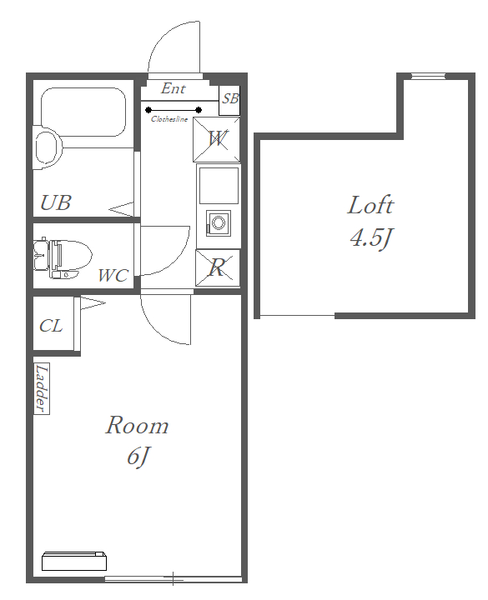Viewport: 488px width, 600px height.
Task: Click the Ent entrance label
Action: click(174, 88)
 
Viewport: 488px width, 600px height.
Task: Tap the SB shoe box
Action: click(229, 101)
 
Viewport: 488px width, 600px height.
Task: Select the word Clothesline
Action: click(169, 119)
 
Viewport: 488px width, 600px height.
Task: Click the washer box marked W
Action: click(216, 139)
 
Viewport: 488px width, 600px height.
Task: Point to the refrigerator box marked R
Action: click(218, 267)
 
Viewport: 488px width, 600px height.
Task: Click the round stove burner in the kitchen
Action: click(219, 222)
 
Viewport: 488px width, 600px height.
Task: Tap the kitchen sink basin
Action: click(219, 186)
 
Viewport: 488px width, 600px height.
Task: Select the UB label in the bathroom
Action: click(56, 202)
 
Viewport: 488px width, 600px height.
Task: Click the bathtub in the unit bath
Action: click(83, 112)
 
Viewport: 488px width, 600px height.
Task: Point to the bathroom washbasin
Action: click(48, 147)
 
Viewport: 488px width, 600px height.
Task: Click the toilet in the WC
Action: click(63, 258)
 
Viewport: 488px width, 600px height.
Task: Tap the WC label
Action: click(113, 276)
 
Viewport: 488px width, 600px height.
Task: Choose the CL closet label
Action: click(51, 326)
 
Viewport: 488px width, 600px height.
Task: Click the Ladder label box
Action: click(42, 388)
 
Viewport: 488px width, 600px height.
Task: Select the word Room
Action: click(137, 425)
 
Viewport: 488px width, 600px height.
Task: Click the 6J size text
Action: click(138, 457)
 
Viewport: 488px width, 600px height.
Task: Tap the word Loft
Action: click(370, 205)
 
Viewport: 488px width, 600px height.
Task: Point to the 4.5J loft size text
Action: click(371, 238)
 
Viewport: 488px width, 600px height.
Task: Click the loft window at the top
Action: click(428, 76)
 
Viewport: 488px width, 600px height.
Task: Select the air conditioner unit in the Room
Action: click(74, 561)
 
